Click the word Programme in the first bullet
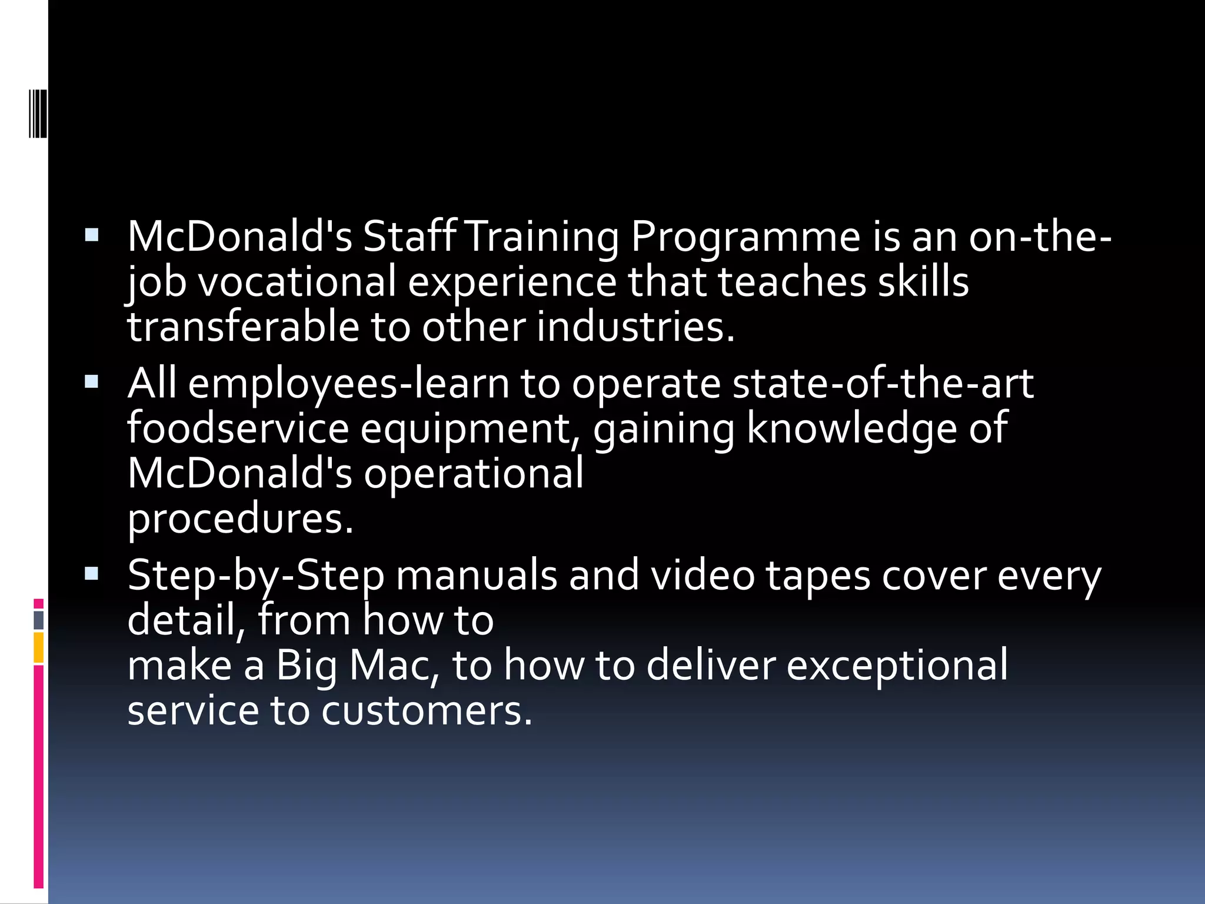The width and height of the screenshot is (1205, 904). click(x=745, y=237)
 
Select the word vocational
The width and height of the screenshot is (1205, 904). click(x=297, y=282)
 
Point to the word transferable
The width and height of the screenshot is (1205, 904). click(x=243, y=327)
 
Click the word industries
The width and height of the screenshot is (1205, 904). click(x=635, y=327)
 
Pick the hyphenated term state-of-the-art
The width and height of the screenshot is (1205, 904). click(x=883, y=384)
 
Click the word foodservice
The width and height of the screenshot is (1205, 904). click(x=238, y=428)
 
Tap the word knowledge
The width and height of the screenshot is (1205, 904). click(x=852, y=429)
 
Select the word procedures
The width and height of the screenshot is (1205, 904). click(x=241, y=519)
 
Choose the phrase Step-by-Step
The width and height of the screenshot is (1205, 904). click(x=256, y=576)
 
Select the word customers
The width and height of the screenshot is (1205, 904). click(x=427, y=710)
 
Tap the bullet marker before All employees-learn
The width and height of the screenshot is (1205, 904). click(x=92, y=382)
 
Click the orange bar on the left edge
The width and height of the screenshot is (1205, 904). click(x=39, y=647)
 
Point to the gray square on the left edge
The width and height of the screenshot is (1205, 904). click(x=39, y=620)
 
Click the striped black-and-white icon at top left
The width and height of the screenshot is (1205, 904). click(x=38, y=114)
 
